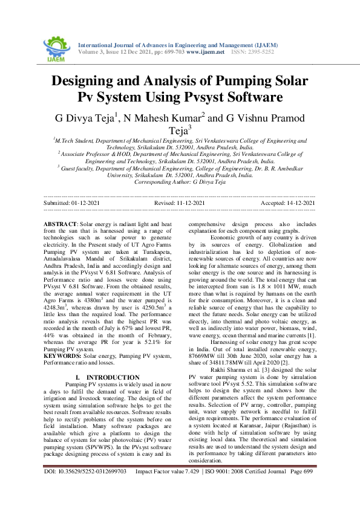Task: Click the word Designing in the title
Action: tap(90, 82)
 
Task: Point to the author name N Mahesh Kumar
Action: tap(166, 117)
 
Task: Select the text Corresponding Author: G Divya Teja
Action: tap(180, 181)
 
